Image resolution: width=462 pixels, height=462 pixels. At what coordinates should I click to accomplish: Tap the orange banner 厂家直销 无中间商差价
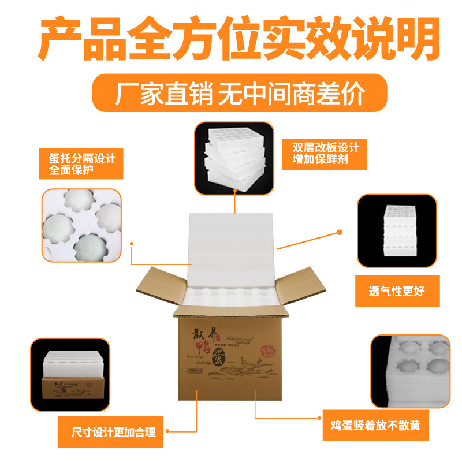tap(240, 93)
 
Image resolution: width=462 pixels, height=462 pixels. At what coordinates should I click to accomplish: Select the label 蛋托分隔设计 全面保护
tap(79, 163)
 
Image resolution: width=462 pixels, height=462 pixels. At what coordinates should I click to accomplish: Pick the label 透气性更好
tap(397, 290)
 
